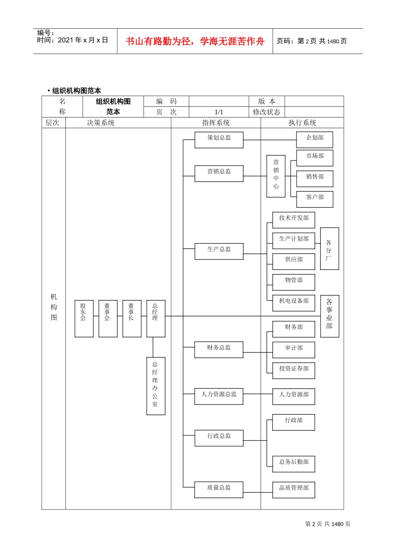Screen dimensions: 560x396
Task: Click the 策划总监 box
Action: tap(219, 140)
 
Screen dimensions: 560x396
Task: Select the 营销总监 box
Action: tap(219, 174)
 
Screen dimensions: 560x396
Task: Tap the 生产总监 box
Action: tap(219, 252)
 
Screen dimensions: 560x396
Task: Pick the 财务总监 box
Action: tap(219, 350)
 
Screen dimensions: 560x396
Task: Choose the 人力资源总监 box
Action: tap(219, 397)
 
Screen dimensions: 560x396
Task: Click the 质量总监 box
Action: tap(219, 490)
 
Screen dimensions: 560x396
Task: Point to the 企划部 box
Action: tap(315, 140)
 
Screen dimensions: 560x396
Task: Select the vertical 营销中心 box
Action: tap(276, 176)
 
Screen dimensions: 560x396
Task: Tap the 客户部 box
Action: tap(315, 200)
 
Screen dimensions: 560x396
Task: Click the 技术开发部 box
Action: tap(294, 220)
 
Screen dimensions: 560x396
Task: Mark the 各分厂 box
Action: tap(329, 249)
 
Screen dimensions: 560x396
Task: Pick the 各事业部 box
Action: tap(329, 316)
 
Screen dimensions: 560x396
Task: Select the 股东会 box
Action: tap(84, 318)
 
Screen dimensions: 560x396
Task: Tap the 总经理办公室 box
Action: tap(155, 386)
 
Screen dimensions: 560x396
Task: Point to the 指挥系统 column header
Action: tap(216, 123)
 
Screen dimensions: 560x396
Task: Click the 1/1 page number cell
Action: tap(219, 112)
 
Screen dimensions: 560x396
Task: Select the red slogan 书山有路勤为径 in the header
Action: tap(195, 41)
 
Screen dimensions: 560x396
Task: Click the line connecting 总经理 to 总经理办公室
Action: tap(153, 347)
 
